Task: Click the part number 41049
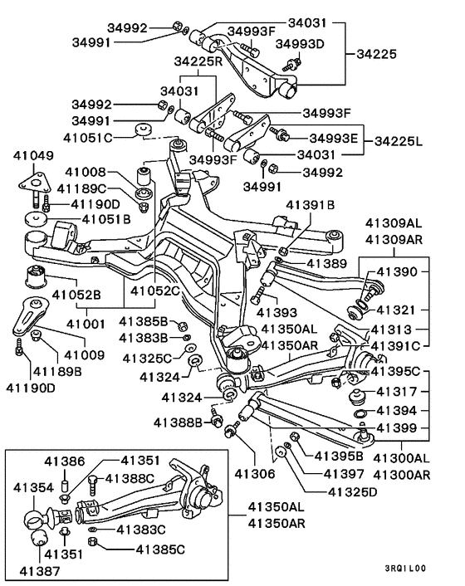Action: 33,155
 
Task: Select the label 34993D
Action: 300,44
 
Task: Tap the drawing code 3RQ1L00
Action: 405,569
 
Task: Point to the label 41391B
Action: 311,205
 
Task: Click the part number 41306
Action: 255,474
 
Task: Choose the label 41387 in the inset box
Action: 39,571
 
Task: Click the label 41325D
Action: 353,492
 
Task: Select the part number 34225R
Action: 198,61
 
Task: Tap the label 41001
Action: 86,324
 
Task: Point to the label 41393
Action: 277,312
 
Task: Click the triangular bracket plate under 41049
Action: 34,184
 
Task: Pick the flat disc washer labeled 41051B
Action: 36,219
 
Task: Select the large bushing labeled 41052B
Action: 37,276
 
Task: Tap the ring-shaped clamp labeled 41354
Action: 35,520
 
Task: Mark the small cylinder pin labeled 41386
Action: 65,486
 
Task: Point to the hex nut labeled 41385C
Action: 92,542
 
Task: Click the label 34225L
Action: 399,141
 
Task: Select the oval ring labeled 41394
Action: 360,413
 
